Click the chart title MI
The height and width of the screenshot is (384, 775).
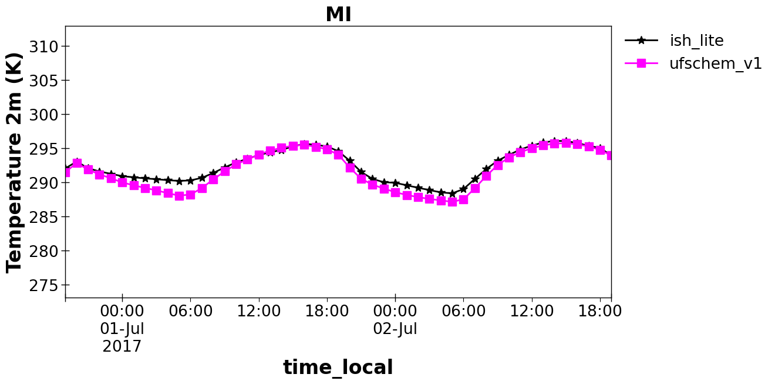[x=338, y=15]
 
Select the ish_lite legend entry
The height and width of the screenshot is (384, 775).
[x=696, y=41]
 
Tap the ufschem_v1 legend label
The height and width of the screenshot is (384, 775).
[x=716, y=64]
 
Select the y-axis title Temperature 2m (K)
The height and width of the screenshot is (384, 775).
[x=14, y=162]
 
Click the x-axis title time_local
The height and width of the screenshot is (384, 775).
[x=338, y=367]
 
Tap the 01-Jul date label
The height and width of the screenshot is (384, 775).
[x=122, y=329]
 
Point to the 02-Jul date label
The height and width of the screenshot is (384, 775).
[x=395, y=329]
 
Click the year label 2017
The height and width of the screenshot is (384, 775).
[x=122, y=346]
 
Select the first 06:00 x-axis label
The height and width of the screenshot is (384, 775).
[x=190, y=311]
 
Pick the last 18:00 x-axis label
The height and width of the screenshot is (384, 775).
[x=600, y=311]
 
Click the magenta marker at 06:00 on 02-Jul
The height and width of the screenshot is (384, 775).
[x=463, y=199]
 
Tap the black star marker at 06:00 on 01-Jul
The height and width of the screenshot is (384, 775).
[x=190, y=181]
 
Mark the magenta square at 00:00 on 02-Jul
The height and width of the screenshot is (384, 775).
[x=395, y=192]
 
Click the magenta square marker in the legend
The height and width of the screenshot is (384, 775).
[x=641, y=63]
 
